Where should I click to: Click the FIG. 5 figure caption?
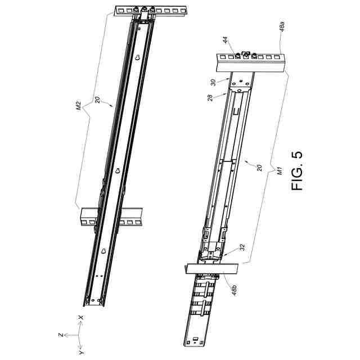(297, 170)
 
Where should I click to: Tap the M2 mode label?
(79, 106)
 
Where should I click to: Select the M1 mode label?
(280, 171)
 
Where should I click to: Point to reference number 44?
(226, 40)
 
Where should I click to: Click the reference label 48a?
(282, 26)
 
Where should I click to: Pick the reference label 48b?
(234, 290)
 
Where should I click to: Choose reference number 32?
(242, 247)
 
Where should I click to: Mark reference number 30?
(213, 83)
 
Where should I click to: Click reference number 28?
(210, 97)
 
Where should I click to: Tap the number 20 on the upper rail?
(97, 100)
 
